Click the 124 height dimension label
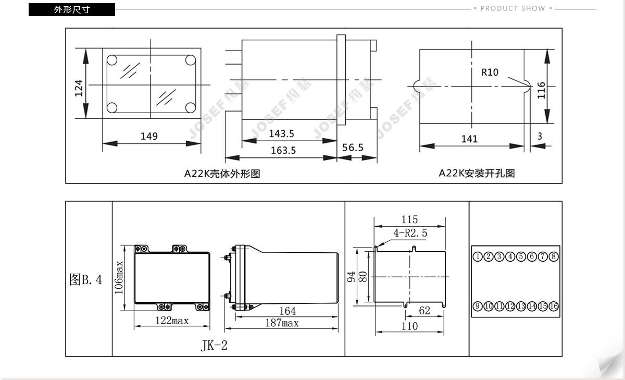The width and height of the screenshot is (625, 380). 79,88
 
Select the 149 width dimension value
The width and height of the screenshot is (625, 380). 149,136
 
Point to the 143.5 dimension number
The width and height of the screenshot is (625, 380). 281,134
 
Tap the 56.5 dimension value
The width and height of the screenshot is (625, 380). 353,148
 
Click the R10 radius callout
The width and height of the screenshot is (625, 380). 490,72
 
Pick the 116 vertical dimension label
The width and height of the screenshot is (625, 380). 541,90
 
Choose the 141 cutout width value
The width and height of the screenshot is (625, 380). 469,139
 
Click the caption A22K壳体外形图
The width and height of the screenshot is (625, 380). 222,174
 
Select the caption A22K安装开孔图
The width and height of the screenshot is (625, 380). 477,173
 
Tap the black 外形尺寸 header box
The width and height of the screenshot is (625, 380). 72,9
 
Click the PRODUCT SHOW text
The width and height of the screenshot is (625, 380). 512,8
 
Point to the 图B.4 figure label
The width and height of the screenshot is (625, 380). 85,279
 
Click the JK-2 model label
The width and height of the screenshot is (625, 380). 214,346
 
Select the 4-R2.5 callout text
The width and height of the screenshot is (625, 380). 410,233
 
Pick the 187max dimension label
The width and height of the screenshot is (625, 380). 282,323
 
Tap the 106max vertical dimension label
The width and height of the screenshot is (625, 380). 119,277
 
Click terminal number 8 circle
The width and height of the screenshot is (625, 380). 554,256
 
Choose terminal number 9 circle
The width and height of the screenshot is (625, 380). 478,306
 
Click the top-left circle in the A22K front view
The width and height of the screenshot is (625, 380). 112,60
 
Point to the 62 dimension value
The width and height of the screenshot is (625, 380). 424,310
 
